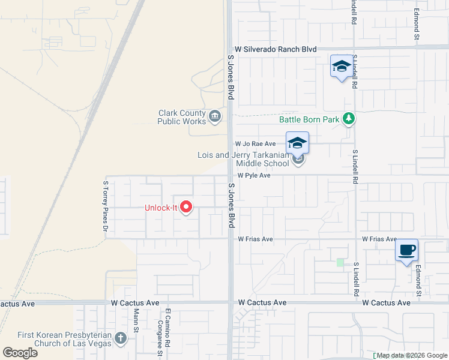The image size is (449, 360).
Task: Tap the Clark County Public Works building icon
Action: (x=215, y=115)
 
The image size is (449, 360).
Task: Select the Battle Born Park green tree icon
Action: (x=348, y=119)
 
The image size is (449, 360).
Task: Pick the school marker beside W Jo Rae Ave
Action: (x=297, y=143)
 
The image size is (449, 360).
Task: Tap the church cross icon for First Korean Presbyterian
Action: (x=121, y=338)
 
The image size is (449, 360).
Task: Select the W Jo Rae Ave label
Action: (x=255, y=144)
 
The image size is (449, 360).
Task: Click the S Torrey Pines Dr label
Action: (x=106, y=206)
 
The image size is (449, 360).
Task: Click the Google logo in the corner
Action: (x=20, y=353)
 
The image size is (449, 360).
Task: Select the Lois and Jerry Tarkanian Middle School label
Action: (x=243, y=159)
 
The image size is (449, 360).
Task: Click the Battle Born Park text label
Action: (x=309, y=119)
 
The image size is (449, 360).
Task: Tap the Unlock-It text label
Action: (x=161, y=208)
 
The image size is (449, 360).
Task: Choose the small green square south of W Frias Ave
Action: (x=340, y=262)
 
